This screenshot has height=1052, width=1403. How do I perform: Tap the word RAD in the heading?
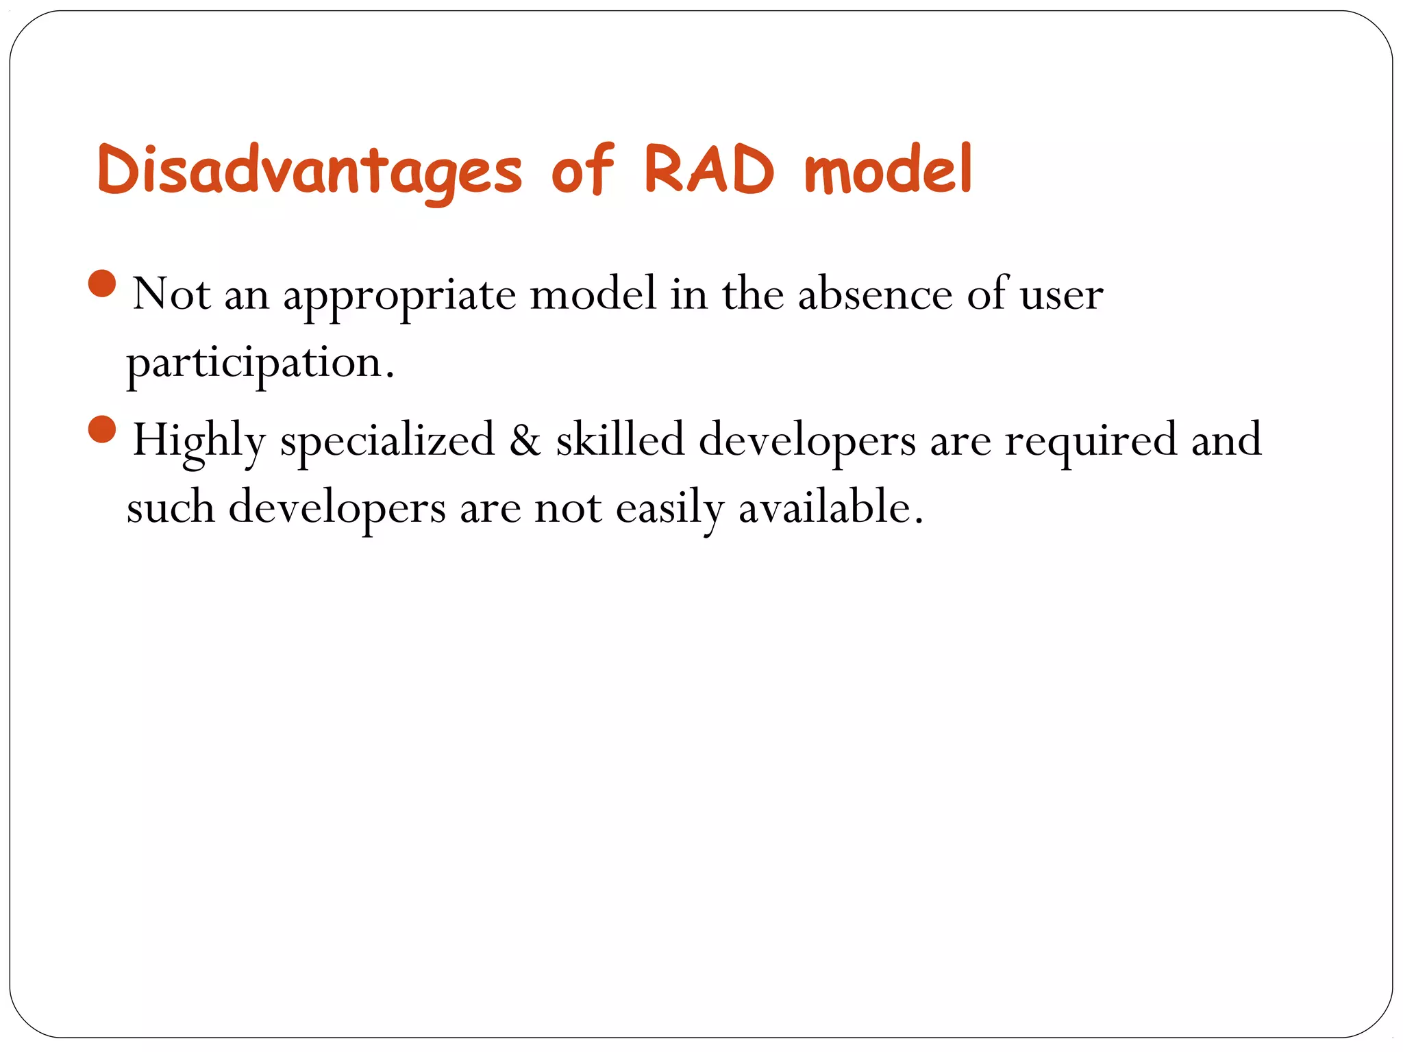(709, 169)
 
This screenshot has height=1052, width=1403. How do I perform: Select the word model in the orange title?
(889, 169)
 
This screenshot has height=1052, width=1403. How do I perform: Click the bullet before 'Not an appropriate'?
(102, 283)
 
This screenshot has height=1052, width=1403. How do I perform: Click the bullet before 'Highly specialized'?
(102, 429)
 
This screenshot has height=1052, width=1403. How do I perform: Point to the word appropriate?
(399, 296)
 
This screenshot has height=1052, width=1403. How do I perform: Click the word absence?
(875, 295)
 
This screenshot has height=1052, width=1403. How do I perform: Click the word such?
(171, 508)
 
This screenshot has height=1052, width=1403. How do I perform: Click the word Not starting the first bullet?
(171, 295)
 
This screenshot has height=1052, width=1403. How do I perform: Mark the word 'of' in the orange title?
(582, 169)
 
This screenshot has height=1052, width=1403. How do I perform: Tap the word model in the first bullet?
(593, 295)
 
